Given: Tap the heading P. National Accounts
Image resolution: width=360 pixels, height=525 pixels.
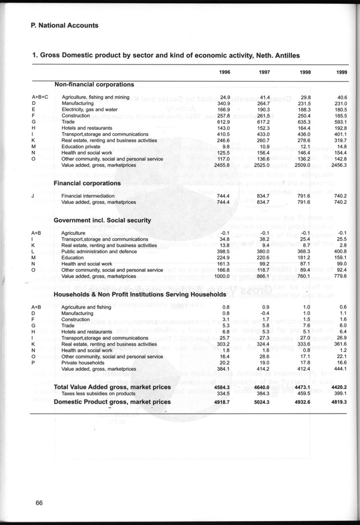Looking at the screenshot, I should click(x=65, y=26).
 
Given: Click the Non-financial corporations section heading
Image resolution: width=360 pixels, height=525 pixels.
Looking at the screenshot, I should click(x=94, y=85).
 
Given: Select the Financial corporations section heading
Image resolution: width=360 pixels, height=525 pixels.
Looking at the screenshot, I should click(x=87, y=183).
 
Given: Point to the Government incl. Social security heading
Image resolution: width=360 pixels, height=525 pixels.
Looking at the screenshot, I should click(x=102, y=220).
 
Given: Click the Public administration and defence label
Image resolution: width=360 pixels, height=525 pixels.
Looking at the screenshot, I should click(x=99, y=251).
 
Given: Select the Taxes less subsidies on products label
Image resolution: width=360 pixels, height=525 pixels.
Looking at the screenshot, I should click(x=96, y=394).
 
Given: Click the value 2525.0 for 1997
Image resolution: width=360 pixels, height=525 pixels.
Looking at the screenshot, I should click(x=261, y=165).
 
